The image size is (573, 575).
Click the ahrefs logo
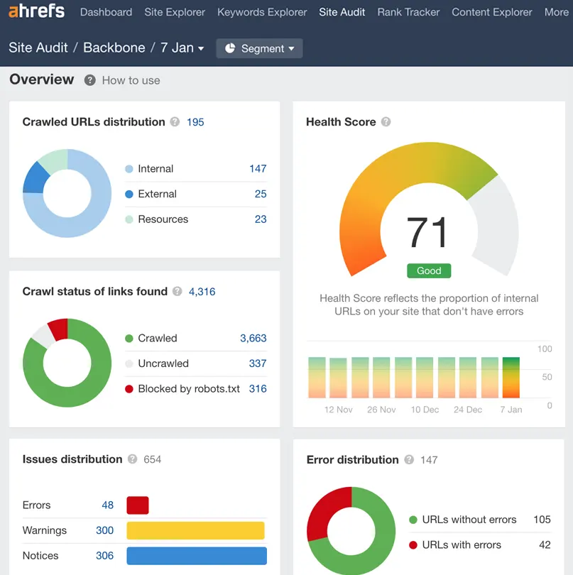click(36, 11)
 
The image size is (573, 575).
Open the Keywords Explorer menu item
click(262, 12)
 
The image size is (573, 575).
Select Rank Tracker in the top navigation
click(408, 12)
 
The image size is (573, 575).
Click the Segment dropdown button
click(259, 48)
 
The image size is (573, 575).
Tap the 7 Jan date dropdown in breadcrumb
click(182, 48)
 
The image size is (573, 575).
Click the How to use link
click(131, 80)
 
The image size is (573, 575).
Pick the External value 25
click(261, 194)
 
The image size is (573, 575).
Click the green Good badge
click(429, 270)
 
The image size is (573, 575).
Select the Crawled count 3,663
click(253, 338)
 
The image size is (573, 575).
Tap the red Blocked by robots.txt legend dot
click(129, 389)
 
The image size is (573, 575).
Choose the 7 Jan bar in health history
click(511, 378)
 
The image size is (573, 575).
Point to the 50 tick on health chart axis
click(547, 377)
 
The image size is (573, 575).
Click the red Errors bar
click(138, 505)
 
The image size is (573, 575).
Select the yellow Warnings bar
click(195, 530)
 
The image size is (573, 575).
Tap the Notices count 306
click(104, 556)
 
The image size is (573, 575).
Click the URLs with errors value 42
click(545, 544)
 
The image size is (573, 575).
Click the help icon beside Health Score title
click(386, 122)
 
